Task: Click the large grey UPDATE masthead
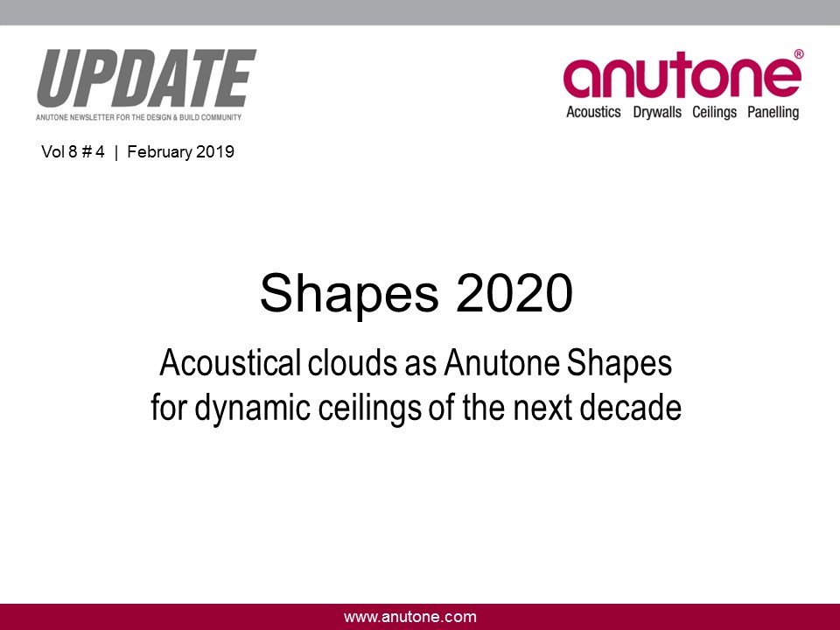146,78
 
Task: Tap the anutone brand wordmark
681,78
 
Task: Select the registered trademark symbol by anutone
798,54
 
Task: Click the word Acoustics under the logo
593,112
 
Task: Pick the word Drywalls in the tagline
657,112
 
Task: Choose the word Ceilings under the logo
714,112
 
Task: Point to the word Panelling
772,112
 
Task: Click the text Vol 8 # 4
73,152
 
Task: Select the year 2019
215,152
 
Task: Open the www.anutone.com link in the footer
410,617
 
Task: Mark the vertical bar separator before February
116,152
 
